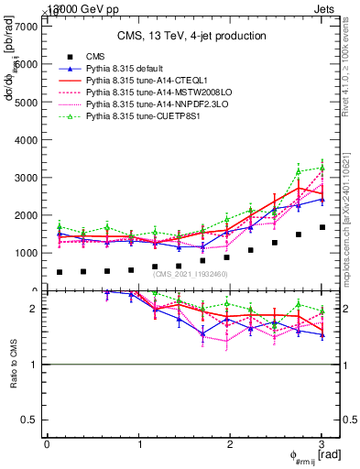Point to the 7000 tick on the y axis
coord(27,27)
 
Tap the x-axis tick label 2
coord(230,444)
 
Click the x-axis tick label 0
coord(47,444)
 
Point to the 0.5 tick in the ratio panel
coord(31,420)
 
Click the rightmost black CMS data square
coord(322,227)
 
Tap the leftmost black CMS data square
coord(60,272)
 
